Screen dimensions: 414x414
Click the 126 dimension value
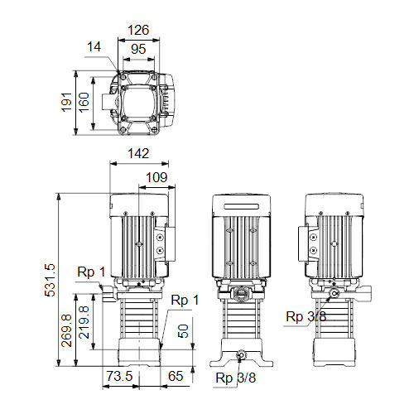tap(138, 30)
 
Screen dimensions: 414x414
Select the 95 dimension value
tap(138, 49)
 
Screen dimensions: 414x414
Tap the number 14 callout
tap(94, 47)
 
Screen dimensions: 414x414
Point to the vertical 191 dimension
tap(66, 103)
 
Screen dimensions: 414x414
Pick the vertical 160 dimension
tap(84, 103)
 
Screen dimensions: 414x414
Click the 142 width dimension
tap(138, 153)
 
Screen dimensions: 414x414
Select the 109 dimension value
tap(156, 177)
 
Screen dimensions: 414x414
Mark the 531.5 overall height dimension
tap(50, 281)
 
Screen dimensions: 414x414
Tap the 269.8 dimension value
tap(66, 330)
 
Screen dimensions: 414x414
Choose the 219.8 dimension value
tap(84, 322)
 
